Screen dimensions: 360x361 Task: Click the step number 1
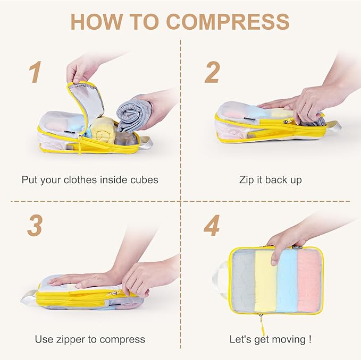35,72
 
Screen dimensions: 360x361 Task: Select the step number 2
212,72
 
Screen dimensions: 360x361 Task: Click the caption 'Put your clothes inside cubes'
90,179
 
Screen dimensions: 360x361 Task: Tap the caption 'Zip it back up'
270,179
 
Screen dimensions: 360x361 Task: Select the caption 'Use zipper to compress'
90,339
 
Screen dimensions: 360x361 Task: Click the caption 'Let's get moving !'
270,339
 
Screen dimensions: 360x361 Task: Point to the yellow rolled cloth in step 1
104,129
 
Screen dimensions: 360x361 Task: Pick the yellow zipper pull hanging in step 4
261,321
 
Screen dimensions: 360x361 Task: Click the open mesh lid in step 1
88,101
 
